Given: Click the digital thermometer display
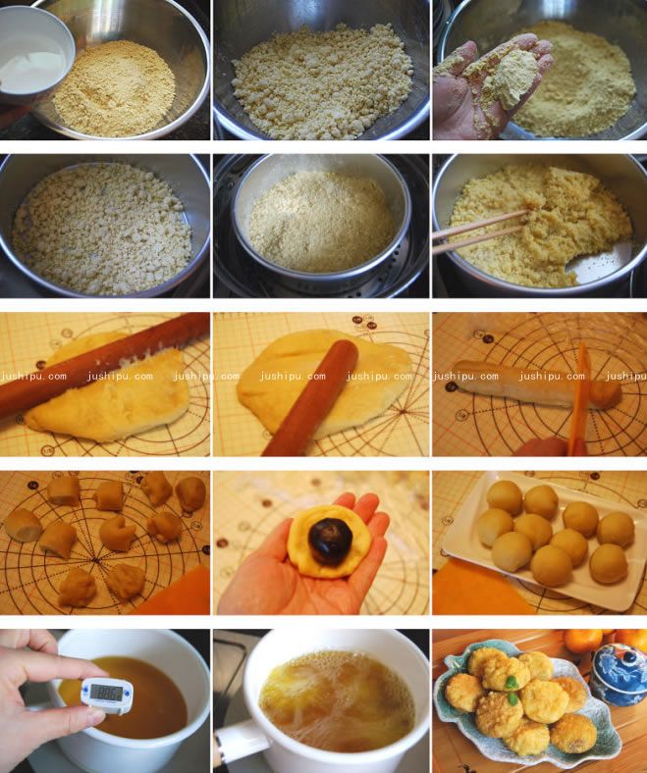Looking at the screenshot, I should [x=106, y=694].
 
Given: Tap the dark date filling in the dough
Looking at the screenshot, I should [x=330, y=541].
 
